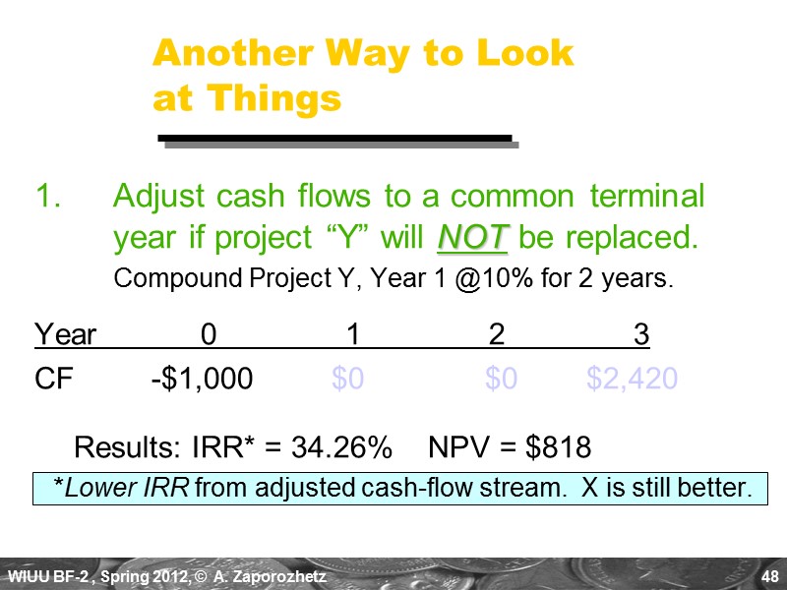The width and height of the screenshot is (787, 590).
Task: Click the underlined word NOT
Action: pyautogui.click(x=472, y=237)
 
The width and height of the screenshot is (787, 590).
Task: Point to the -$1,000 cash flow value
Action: pyautogui.click(x=202, y=379)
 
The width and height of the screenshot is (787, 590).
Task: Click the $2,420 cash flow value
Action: pyautogui.click(x=632, y=379)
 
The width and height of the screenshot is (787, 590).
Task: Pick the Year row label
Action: pyautogui.click(x=65, y=336)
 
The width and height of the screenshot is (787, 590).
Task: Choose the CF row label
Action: pyautogui.click(x=54, y=379)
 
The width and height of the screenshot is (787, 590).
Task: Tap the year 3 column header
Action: pyautogui.click(x=641, y=336)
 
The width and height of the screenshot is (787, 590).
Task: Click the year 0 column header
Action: pyautogui.click(x=209, y=336)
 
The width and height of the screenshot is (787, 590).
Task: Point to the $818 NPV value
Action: pyautogui.click(x=559, y=448)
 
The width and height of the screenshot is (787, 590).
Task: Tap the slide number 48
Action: pyautogui.click(x=770, y=575)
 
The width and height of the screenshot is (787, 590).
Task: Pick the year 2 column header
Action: pyautogui.click(x=497, y=336)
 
